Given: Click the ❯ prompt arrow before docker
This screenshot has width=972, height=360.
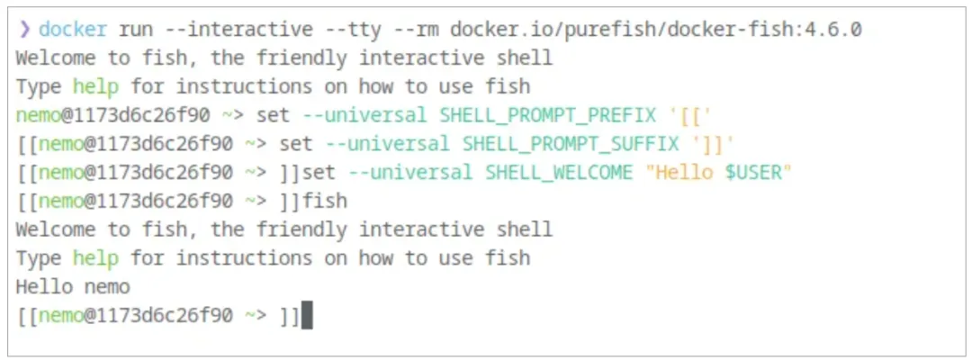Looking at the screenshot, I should coord(24,30).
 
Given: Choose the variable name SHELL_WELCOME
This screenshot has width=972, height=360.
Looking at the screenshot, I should coord(559,173).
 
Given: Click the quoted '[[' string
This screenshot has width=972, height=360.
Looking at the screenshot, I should coord(681,115).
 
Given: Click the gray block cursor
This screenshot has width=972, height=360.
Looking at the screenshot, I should coord(307,316).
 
